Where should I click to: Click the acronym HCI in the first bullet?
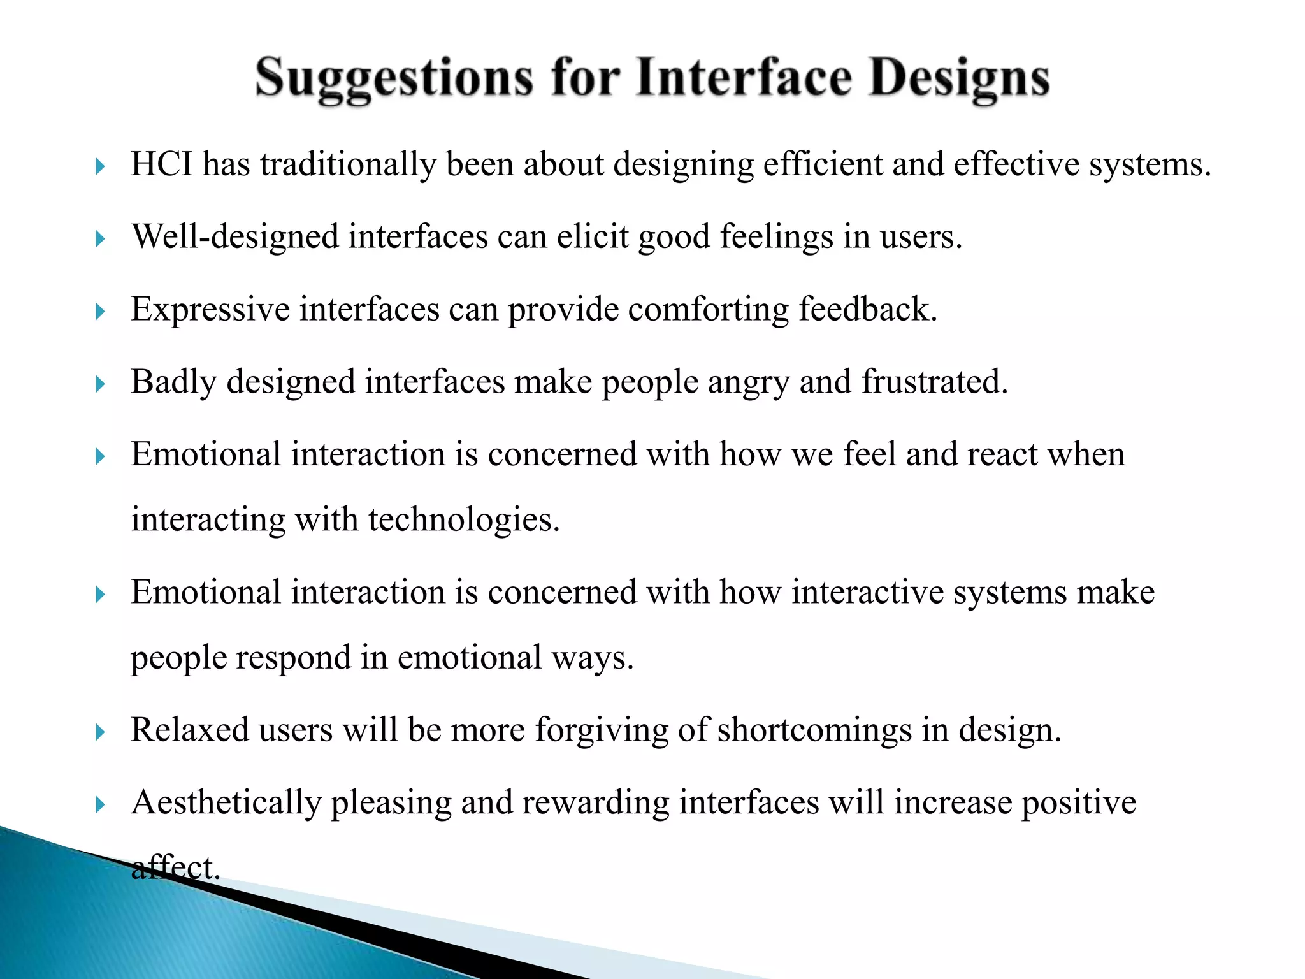pyautogui.click(x=162, y=164)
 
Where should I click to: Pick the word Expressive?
pyautogui.click(x=210, y=310)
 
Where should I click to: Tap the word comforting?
pyautogui.click(x=708, y=310)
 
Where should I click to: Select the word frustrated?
pyautogui.click(x=934, y=382)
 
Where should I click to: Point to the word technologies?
pyautogui.click(x=463, y=520)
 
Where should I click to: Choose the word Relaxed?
pyautogui.click(x=189, y=729)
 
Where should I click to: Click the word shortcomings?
pyautogui.click(x=814, y=730)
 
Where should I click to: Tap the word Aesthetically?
pyautogui.click(x=226, y=802)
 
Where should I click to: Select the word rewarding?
pyautogui.click(x=595, y=802)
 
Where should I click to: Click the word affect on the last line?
pyautogui.click(x=175, y=867)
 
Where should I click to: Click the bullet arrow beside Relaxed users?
pyautogui.click(x=100, y=732)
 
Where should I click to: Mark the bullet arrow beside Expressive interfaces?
pyautogui.click(x=100, y=312)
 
